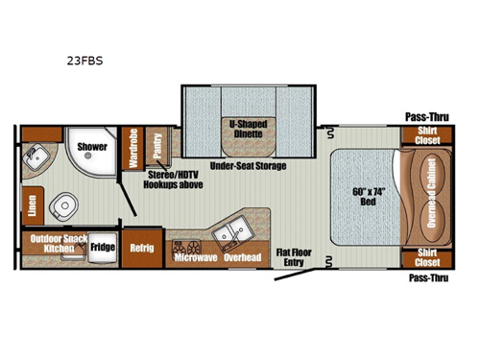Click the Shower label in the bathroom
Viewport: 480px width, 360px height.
[x=92, y=148]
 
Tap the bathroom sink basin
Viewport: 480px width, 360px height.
[x=40, y=155]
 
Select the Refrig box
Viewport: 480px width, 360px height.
[x=141, y=245]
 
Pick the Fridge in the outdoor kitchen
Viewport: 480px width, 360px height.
[x=103, y=247]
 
